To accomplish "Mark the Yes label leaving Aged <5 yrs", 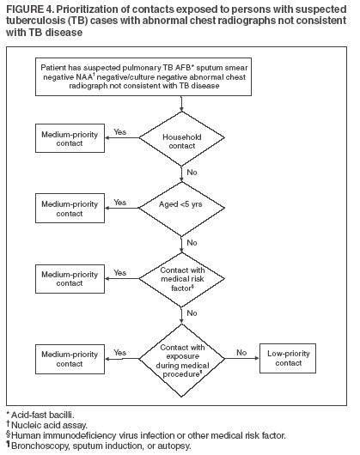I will point(121,202).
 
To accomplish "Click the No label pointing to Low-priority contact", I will point(241,351).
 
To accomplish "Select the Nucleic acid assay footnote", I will point(43,425).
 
